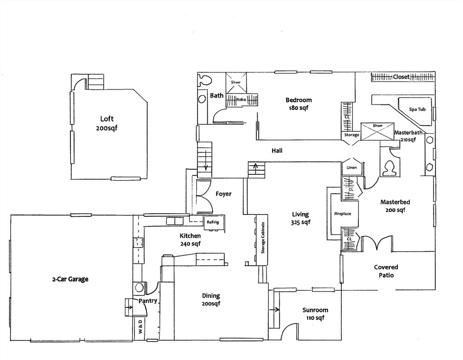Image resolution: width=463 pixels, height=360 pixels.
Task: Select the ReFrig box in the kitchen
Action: click(x=213, y=222)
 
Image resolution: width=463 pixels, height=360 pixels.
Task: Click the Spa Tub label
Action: click(x=417, y=110)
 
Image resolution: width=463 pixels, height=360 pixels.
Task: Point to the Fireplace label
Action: click(x=342, y=214)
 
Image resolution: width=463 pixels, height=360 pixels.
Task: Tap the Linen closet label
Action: click(x=351, y=168)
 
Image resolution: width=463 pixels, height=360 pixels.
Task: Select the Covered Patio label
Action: click(x=386, y=271)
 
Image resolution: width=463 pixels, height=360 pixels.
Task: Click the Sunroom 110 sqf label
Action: click(x=315, y=314)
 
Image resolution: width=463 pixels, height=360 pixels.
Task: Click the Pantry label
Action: click(x=148, y=301)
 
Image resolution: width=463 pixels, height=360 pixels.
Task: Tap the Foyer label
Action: click(x=223, y=194)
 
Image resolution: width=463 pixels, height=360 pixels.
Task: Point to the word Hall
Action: click(x=277, y=151)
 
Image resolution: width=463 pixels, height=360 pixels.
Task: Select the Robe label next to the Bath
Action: click(x=240, y=99)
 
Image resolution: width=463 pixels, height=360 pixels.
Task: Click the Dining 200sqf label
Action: click(x=211, y=300)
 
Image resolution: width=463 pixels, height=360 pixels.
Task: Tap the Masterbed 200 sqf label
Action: click(x=395, y=206)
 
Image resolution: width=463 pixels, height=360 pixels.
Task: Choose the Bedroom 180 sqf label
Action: click(x=299, y=104)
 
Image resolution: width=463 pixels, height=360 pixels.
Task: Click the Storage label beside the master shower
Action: click(x=352, y=135)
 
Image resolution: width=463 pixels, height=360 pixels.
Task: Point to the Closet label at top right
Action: click(x=401, y=77)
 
